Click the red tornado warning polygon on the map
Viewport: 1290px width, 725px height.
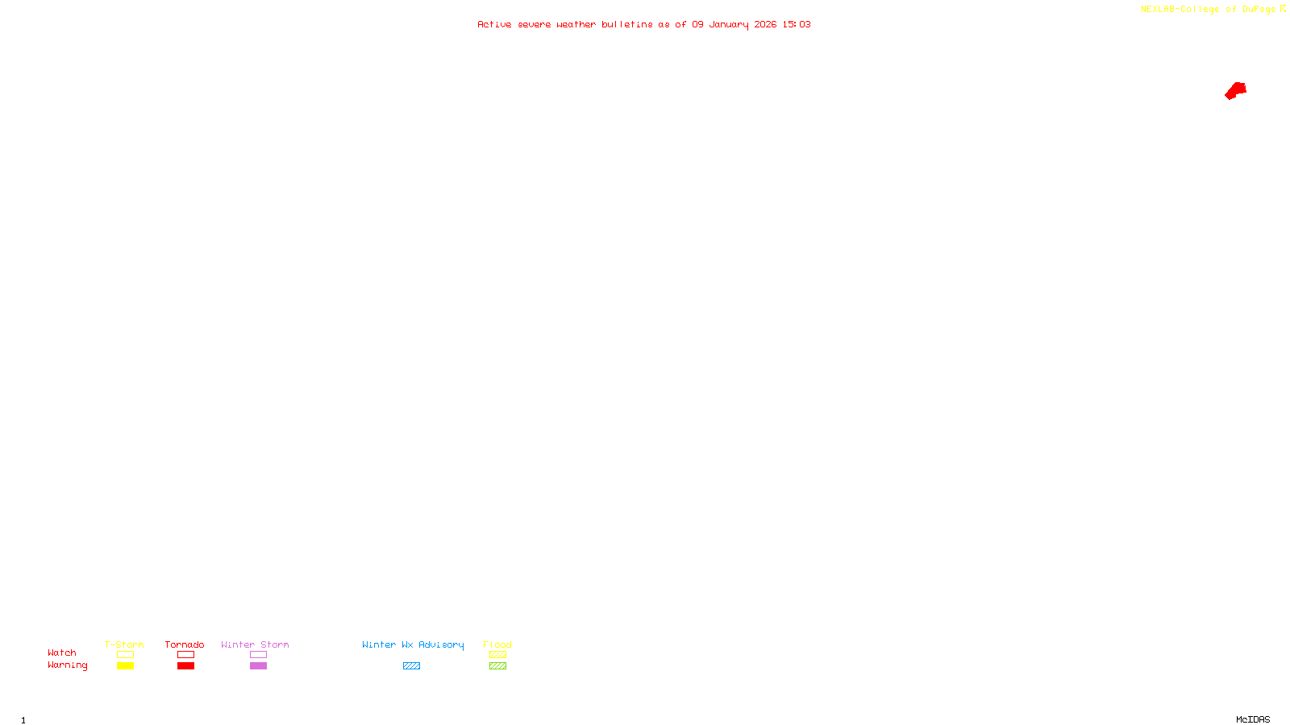(x=1236, y=90)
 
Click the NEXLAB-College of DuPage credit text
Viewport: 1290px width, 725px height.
(x=1208, y=10)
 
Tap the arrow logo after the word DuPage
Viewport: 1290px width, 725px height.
(x=1283, y=9)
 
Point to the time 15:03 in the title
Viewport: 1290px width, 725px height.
(x=797, y=25)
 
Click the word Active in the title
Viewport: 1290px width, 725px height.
(x=494, y=25)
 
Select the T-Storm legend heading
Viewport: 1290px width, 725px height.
(x=124, y=644)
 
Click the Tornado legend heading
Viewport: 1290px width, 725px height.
(x=185, y=644)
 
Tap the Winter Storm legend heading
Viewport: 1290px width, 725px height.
(x=255, y=644)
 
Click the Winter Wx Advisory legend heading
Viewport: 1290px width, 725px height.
(x=413, y=644)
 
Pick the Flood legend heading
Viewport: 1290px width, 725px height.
(x=497, y=644)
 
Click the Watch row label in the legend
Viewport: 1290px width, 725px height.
(x=62, y=653)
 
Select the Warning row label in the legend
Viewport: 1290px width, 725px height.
(x=68, y=665)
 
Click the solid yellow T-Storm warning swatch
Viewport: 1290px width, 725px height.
(x=125, y=666)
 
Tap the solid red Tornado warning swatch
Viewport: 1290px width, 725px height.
(x=185, y=666)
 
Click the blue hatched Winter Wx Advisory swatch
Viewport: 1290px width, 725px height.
(x=411, y=666)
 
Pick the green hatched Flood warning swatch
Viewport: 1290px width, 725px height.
(x=497, y=666)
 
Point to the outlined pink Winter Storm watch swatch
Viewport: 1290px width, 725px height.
(x=258, y=655)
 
